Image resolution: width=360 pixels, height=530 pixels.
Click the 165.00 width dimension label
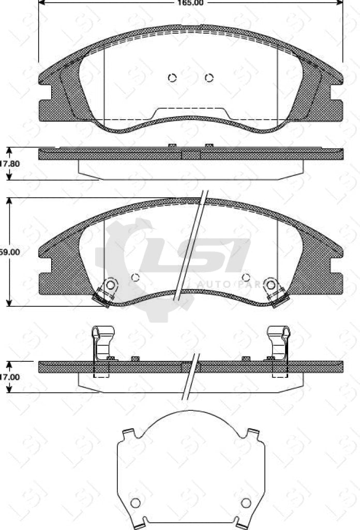[191, 3]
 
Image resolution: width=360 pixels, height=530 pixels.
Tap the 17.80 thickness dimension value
[10, 164]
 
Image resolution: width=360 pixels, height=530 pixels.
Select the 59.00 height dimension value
[10, 252]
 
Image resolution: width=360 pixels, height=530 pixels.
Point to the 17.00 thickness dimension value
[10, 377]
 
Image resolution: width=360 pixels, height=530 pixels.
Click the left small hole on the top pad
[173, 78]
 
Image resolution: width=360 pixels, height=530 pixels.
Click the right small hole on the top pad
[209, 78]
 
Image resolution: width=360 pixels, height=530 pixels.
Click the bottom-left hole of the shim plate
[136, 503]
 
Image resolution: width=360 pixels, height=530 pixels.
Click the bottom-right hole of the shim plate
[246, 503]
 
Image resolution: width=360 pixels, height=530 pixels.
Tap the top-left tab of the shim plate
[128, 432]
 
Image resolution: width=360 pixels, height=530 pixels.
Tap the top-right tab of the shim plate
[253, 432]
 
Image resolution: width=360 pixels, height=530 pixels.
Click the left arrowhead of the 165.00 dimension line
[42, 3]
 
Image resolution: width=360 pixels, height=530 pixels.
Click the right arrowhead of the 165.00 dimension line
[340, 3]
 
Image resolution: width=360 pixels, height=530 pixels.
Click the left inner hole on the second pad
[136, 277]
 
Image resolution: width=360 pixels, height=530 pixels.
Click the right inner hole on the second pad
[246, 277]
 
